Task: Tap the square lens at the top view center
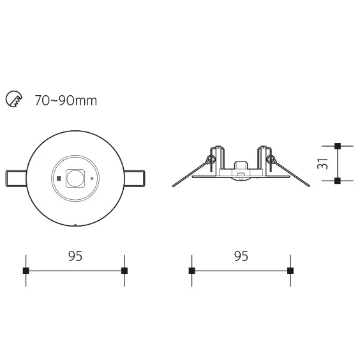tap(75, 177)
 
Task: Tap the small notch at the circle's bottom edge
tap(75, 225)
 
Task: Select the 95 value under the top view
tap(75, 256)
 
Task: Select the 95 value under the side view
tap(241, 256)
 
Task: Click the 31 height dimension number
tap(323, 163)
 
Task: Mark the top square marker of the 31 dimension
tap(337, 146)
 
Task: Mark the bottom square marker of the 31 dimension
tap(337, 181)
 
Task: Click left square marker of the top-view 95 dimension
tap(26, 271)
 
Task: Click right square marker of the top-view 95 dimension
tap(124, 271)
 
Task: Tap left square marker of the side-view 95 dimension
tap(191, 271)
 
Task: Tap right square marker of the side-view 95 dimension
tap(290, 271)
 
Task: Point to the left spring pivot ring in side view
tap(211, 158)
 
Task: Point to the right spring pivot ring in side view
tap(271, 158)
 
